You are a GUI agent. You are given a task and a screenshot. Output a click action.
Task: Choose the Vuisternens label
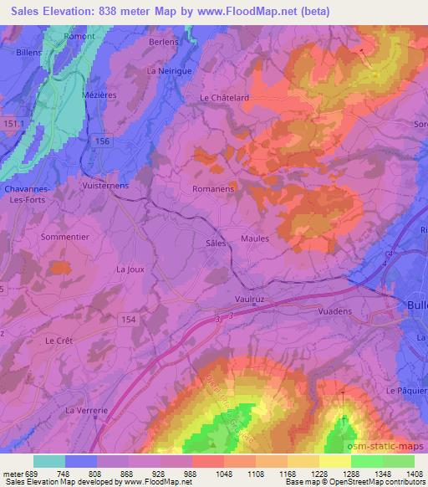[x=104, y=187]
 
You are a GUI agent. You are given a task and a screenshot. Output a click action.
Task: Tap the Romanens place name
[x=213, y=189]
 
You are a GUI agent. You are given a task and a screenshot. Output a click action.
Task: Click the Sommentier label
[x=54, y=238]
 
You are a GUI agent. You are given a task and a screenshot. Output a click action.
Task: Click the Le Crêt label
[x=59, y=341]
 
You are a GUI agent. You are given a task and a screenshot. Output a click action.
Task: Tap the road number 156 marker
[x=102, y=141]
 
